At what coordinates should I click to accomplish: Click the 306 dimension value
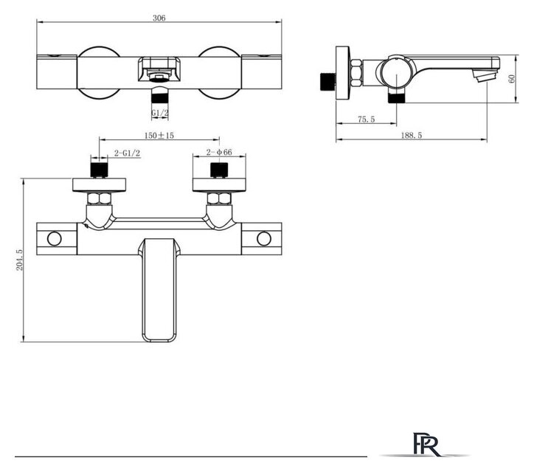point(159,18)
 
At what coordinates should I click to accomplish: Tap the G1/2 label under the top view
point(159,114)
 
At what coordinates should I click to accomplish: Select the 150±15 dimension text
point(159,136)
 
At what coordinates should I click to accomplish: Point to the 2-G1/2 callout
point(128,153)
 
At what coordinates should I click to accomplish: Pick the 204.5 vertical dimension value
point(20,260)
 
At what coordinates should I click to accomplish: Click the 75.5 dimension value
point(367,119)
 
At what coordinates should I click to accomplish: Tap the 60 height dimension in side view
point(513,79)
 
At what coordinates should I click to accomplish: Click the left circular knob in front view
point(55,239)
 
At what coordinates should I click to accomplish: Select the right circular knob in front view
point(263,239)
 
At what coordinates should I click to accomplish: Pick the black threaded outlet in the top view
point(159,95)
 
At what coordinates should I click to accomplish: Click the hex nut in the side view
point(355,73)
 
